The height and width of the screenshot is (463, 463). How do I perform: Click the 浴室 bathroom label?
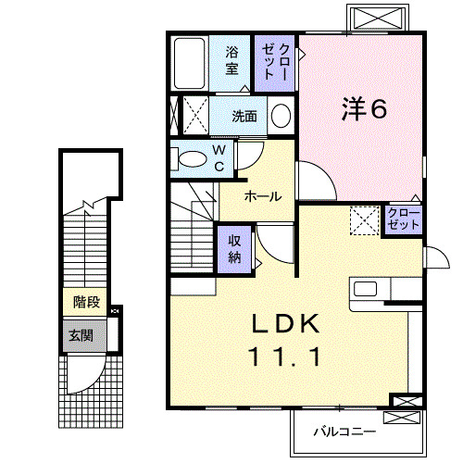coord(231,60)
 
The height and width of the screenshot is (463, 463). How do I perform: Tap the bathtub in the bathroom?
coord(190,63)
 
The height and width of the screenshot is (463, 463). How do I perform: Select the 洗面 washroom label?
coord(244,117)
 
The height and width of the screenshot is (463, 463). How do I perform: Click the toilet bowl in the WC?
coord(192,159)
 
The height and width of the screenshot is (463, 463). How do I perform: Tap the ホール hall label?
coord(264,196)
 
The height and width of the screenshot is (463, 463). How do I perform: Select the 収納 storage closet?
coord(235,247)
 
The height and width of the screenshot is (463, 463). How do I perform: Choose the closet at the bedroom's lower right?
coord(404,219)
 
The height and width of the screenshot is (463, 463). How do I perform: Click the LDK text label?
coord(286,324)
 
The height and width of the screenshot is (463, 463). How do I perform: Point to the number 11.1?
coord(286,354)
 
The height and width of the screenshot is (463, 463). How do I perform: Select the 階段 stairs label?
coord(87,301)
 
